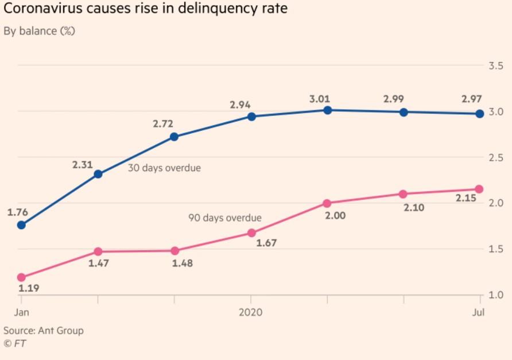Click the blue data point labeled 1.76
click(22, 225)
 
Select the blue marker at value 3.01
click(327, 110)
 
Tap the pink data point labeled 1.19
click(22, 277)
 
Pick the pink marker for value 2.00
click(327, 203)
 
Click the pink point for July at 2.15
click(479, 189)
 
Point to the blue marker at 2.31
click(98, 174)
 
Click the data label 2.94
click(241, 104)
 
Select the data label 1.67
click(266, 243)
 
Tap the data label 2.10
click(413, 208)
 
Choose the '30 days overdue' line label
click(164, 168)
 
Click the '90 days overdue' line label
click(225, 218)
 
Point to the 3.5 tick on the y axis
click(496, 66)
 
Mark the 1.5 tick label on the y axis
click(496, 249)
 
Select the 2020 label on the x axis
click(251, 312)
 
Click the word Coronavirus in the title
click(47, 10)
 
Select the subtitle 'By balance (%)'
click(40, 31)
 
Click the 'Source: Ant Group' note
click(44, 331)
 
